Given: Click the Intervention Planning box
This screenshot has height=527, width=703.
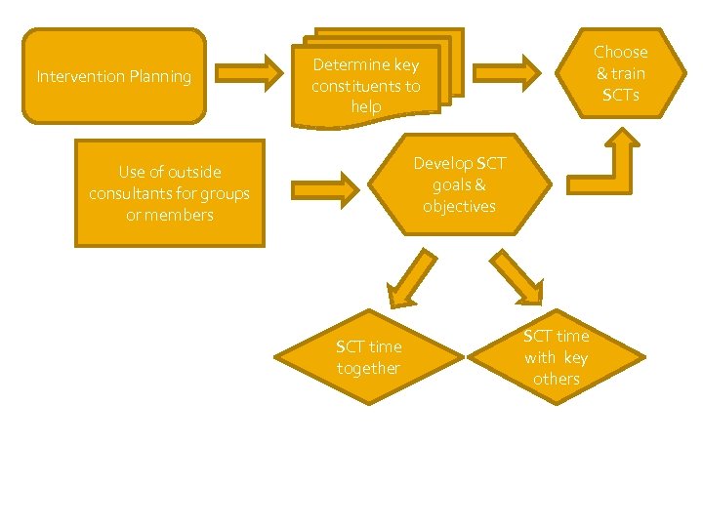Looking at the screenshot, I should click(114, 76).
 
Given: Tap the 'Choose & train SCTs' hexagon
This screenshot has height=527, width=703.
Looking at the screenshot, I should click(621, 73).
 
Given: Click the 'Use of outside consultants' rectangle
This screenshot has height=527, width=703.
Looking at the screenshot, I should click(169, 192).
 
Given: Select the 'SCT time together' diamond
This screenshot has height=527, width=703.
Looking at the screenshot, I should click(368, 357).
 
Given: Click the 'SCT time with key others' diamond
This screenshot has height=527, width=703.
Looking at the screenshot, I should click(557, 356).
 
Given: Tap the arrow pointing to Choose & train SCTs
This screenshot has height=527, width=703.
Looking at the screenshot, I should click(508, 71).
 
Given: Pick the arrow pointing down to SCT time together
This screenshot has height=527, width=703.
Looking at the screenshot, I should click(411, 278).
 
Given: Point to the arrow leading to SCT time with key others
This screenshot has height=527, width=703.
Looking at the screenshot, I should click(517, 279).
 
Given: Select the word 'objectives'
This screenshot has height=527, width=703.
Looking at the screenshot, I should click(459, 206).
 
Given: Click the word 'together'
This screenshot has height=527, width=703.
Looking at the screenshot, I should click(368, 368).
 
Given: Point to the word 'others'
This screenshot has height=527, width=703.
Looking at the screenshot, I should click(557, 379).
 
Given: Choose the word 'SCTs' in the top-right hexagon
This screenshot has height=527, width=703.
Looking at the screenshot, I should click(621, 95).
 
